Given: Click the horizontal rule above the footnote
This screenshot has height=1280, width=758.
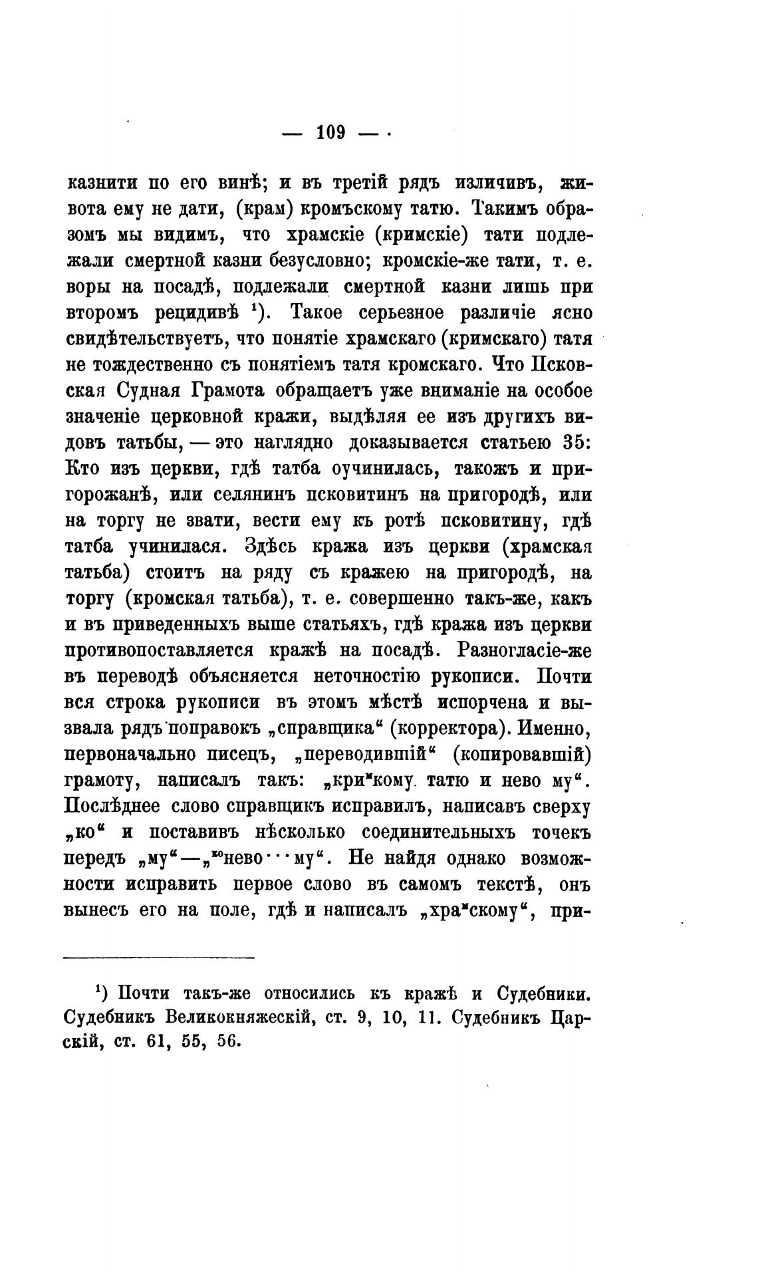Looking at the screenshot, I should (159, 958).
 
